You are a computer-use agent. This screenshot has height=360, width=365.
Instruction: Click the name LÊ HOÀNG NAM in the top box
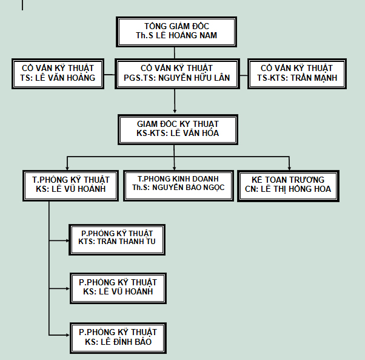(x=186, y=35)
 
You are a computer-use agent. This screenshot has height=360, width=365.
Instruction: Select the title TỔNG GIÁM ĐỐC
(x=176, y=25)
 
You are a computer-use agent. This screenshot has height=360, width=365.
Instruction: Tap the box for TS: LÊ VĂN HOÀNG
(x=58, y=73)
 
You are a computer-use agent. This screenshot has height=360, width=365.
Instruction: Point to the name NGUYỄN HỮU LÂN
(x=194, y=77)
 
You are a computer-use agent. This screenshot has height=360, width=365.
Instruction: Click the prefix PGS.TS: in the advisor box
(x=139, y=78)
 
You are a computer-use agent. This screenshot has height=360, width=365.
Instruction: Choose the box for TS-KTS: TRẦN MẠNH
(x=297, y=73)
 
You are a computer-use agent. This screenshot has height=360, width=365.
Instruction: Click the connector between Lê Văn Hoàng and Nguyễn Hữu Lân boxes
(x=109, y=75)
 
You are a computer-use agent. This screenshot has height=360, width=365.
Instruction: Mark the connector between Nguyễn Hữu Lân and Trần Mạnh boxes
(x=244, y=75)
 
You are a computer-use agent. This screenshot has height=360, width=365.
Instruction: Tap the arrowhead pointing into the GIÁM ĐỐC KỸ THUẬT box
(x=175, y=111)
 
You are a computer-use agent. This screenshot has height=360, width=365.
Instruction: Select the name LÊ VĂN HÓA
(x=195, y=133)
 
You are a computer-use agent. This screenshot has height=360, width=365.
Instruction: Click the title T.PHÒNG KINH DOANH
(x=178, y=178)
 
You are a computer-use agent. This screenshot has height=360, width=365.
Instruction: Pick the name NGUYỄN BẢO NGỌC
(x=189, y=188)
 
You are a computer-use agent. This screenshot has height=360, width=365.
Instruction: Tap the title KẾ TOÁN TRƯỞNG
(x=288, y=180)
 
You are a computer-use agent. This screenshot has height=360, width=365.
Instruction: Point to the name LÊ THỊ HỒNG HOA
(x=296, y=189)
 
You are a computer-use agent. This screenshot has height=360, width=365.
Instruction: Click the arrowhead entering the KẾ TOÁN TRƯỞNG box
(x=289, y=168)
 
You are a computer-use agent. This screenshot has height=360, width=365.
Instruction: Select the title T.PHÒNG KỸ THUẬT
(x=71, y=180)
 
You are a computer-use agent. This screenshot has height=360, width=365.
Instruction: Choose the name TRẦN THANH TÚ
(x=126, y=242)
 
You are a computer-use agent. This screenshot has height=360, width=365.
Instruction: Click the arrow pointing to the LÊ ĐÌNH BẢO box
(x=59, y=335)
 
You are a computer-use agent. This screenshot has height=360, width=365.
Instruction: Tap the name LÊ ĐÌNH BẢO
(x=126, y=342)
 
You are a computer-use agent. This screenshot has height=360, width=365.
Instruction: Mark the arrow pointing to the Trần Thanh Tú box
(x=59, y=240)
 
